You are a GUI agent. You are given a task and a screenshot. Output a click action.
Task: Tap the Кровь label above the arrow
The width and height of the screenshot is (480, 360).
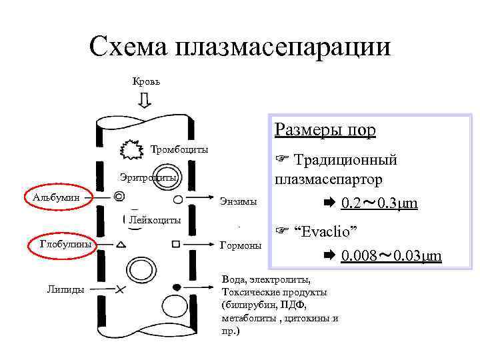coord(145,81)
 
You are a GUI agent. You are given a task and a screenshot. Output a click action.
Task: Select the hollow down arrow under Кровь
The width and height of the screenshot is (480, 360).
coord(145,100)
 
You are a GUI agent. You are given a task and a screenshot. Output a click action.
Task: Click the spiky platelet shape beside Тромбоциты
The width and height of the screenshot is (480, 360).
coord(132,150)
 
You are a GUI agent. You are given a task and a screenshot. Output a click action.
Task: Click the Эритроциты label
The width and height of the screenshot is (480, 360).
coord(148,178)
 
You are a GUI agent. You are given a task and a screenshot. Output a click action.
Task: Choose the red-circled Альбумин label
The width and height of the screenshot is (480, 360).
coord(56,197)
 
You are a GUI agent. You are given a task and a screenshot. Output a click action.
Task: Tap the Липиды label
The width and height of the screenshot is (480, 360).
coord(64,288)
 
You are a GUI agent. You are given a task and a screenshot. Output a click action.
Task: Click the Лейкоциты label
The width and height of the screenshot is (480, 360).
coord(155,219)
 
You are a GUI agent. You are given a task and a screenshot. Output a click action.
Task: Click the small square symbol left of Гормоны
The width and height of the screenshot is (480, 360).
coord(176,244)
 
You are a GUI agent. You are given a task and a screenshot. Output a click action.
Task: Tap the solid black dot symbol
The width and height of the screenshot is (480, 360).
coord(177,287)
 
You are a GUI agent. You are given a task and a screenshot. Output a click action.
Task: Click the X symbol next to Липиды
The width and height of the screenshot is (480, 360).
coord(120,289)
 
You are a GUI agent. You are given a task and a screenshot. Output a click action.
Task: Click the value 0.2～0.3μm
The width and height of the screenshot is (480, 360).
coord(379,203)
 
